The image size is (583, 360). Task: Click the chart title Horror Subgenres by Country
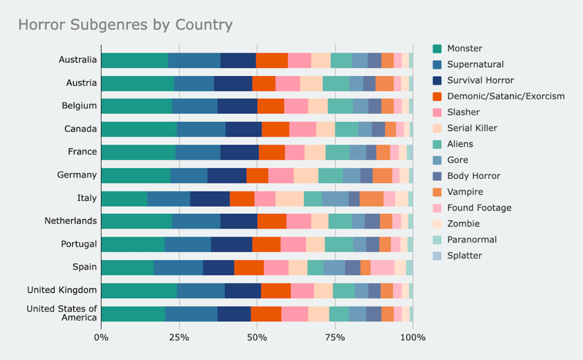(125, 25)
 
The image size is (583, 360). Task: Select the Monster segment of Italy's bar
(123, 198)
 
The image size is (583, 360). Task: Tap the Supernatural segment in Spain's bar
(178, 267)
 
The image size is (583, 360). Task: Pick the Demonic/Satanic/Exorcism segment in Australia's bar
(272, 61)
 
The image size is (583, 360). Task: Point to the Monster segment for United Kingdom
(139, 290)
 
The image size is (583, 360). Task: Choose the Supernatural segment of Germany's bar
(188, 175)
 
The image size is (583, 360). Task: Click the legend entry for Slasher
(462, 112)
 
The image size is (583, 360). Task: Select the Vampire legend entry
(465, 192)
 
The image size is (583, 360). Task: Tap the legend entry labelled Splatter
(465, 256)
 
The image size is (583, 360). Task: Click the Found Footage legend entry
(478, 208)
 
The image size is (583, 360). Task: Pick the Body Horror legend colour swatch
(437, 176)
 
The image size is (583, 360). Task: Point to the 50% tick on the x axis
(257, 337)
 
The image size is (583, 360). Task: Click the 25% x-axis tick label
(179, 337)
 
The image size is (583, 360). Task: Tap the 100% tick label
(413, 337)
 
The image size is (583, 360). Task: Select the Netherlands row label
(71, 221)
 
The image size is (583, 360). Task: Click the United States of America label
(61, 313)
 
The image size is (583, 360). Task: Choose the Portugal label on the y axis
(77, 244)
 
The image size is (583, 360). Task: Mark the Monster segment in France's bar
(138, 152)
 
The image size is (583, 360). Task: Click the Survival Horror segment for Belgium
(237, 106)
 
